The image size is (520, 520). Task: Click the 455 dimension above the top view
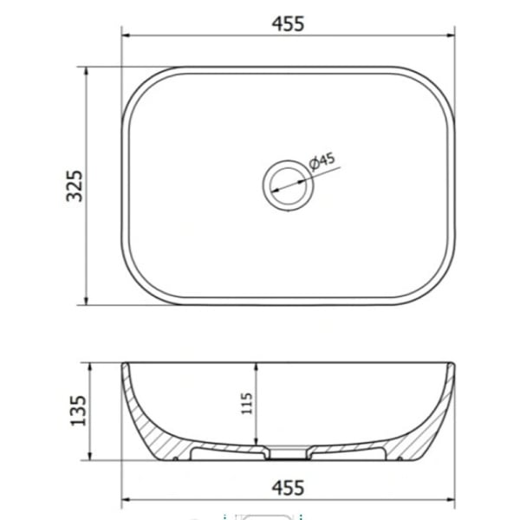[288, 24]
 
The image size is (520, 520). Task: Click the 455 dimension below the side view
[288, 488]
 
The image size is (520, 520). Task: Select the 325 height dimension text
[74, 186]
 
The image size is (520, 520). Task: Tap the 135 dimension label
[78, 411]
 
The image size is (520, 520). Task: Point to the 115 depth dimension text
[247, 403]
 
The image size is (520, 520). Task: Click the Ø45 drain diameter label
[322, 161]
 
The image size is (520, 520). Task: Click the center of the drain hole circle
[288, 185]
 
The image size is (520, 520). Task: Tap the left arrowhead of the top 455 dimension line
[126, 36]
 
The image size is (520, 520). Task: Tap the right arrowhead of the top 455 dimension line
[451, 36]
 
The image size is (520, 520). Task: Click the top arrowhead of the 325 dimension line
[87, 71]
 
